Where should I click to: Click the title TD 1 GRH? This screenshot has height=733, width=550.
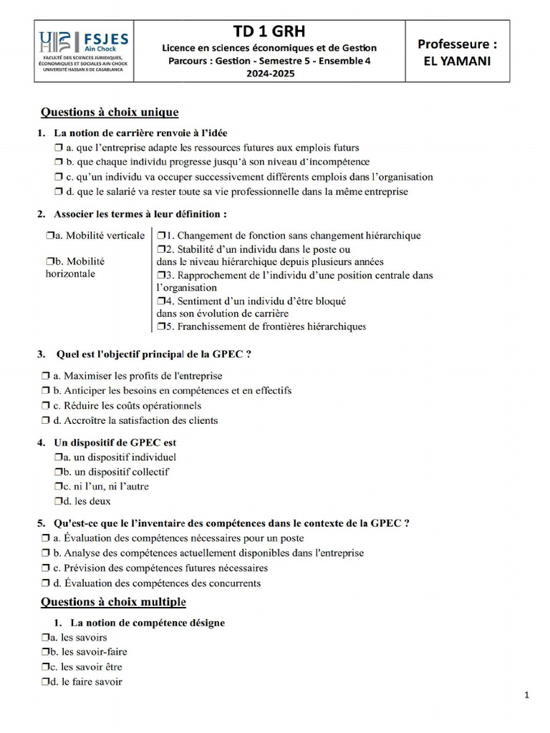tap(269, 31)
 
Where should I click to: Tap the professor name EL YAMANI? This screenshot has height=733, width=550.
tap(457, 61)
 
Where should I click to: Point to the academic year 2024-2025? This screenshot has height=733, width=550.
tap(269, 74)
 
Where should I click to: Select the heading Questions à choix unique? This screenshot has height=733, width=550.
tap(109, 112)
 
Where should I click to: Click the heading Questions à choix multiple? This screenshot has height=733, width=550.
tap(113, 602)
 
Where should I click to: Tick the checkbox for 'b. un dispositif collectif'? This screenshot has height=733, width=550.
tap(59, 472)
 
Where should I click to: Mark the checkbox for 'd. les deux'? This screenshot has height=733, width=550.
tap(59, 502)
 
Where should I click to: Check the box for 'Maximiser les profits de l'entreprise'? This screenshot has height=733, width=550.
tap(46, 376)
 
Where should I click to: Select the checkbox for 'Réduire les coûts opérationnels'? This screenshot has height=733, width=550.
tap(46, 406)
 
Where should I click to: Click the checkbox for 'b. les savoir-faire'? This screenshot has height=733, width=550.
tap(46, 652)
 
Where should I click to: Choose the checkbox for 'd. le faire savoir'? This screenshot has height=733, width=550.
tap(46, 682)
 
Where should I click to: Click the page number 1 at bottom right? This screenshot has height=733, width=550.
tap(526, 695)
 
